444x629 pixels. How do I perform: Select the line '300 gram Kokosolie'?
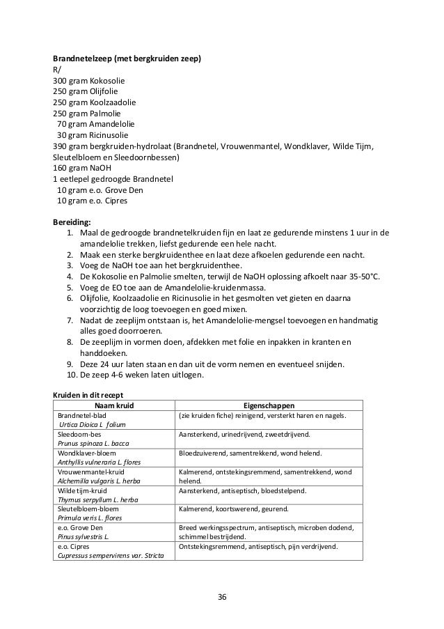coord(89,80)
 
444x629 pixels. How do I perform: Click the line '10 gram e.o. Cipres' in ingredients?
coord(93,201)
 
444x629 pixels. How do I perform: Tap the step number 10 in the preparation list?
coord(68,375)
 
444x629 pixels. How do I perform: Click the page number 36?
coord(222,597)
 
